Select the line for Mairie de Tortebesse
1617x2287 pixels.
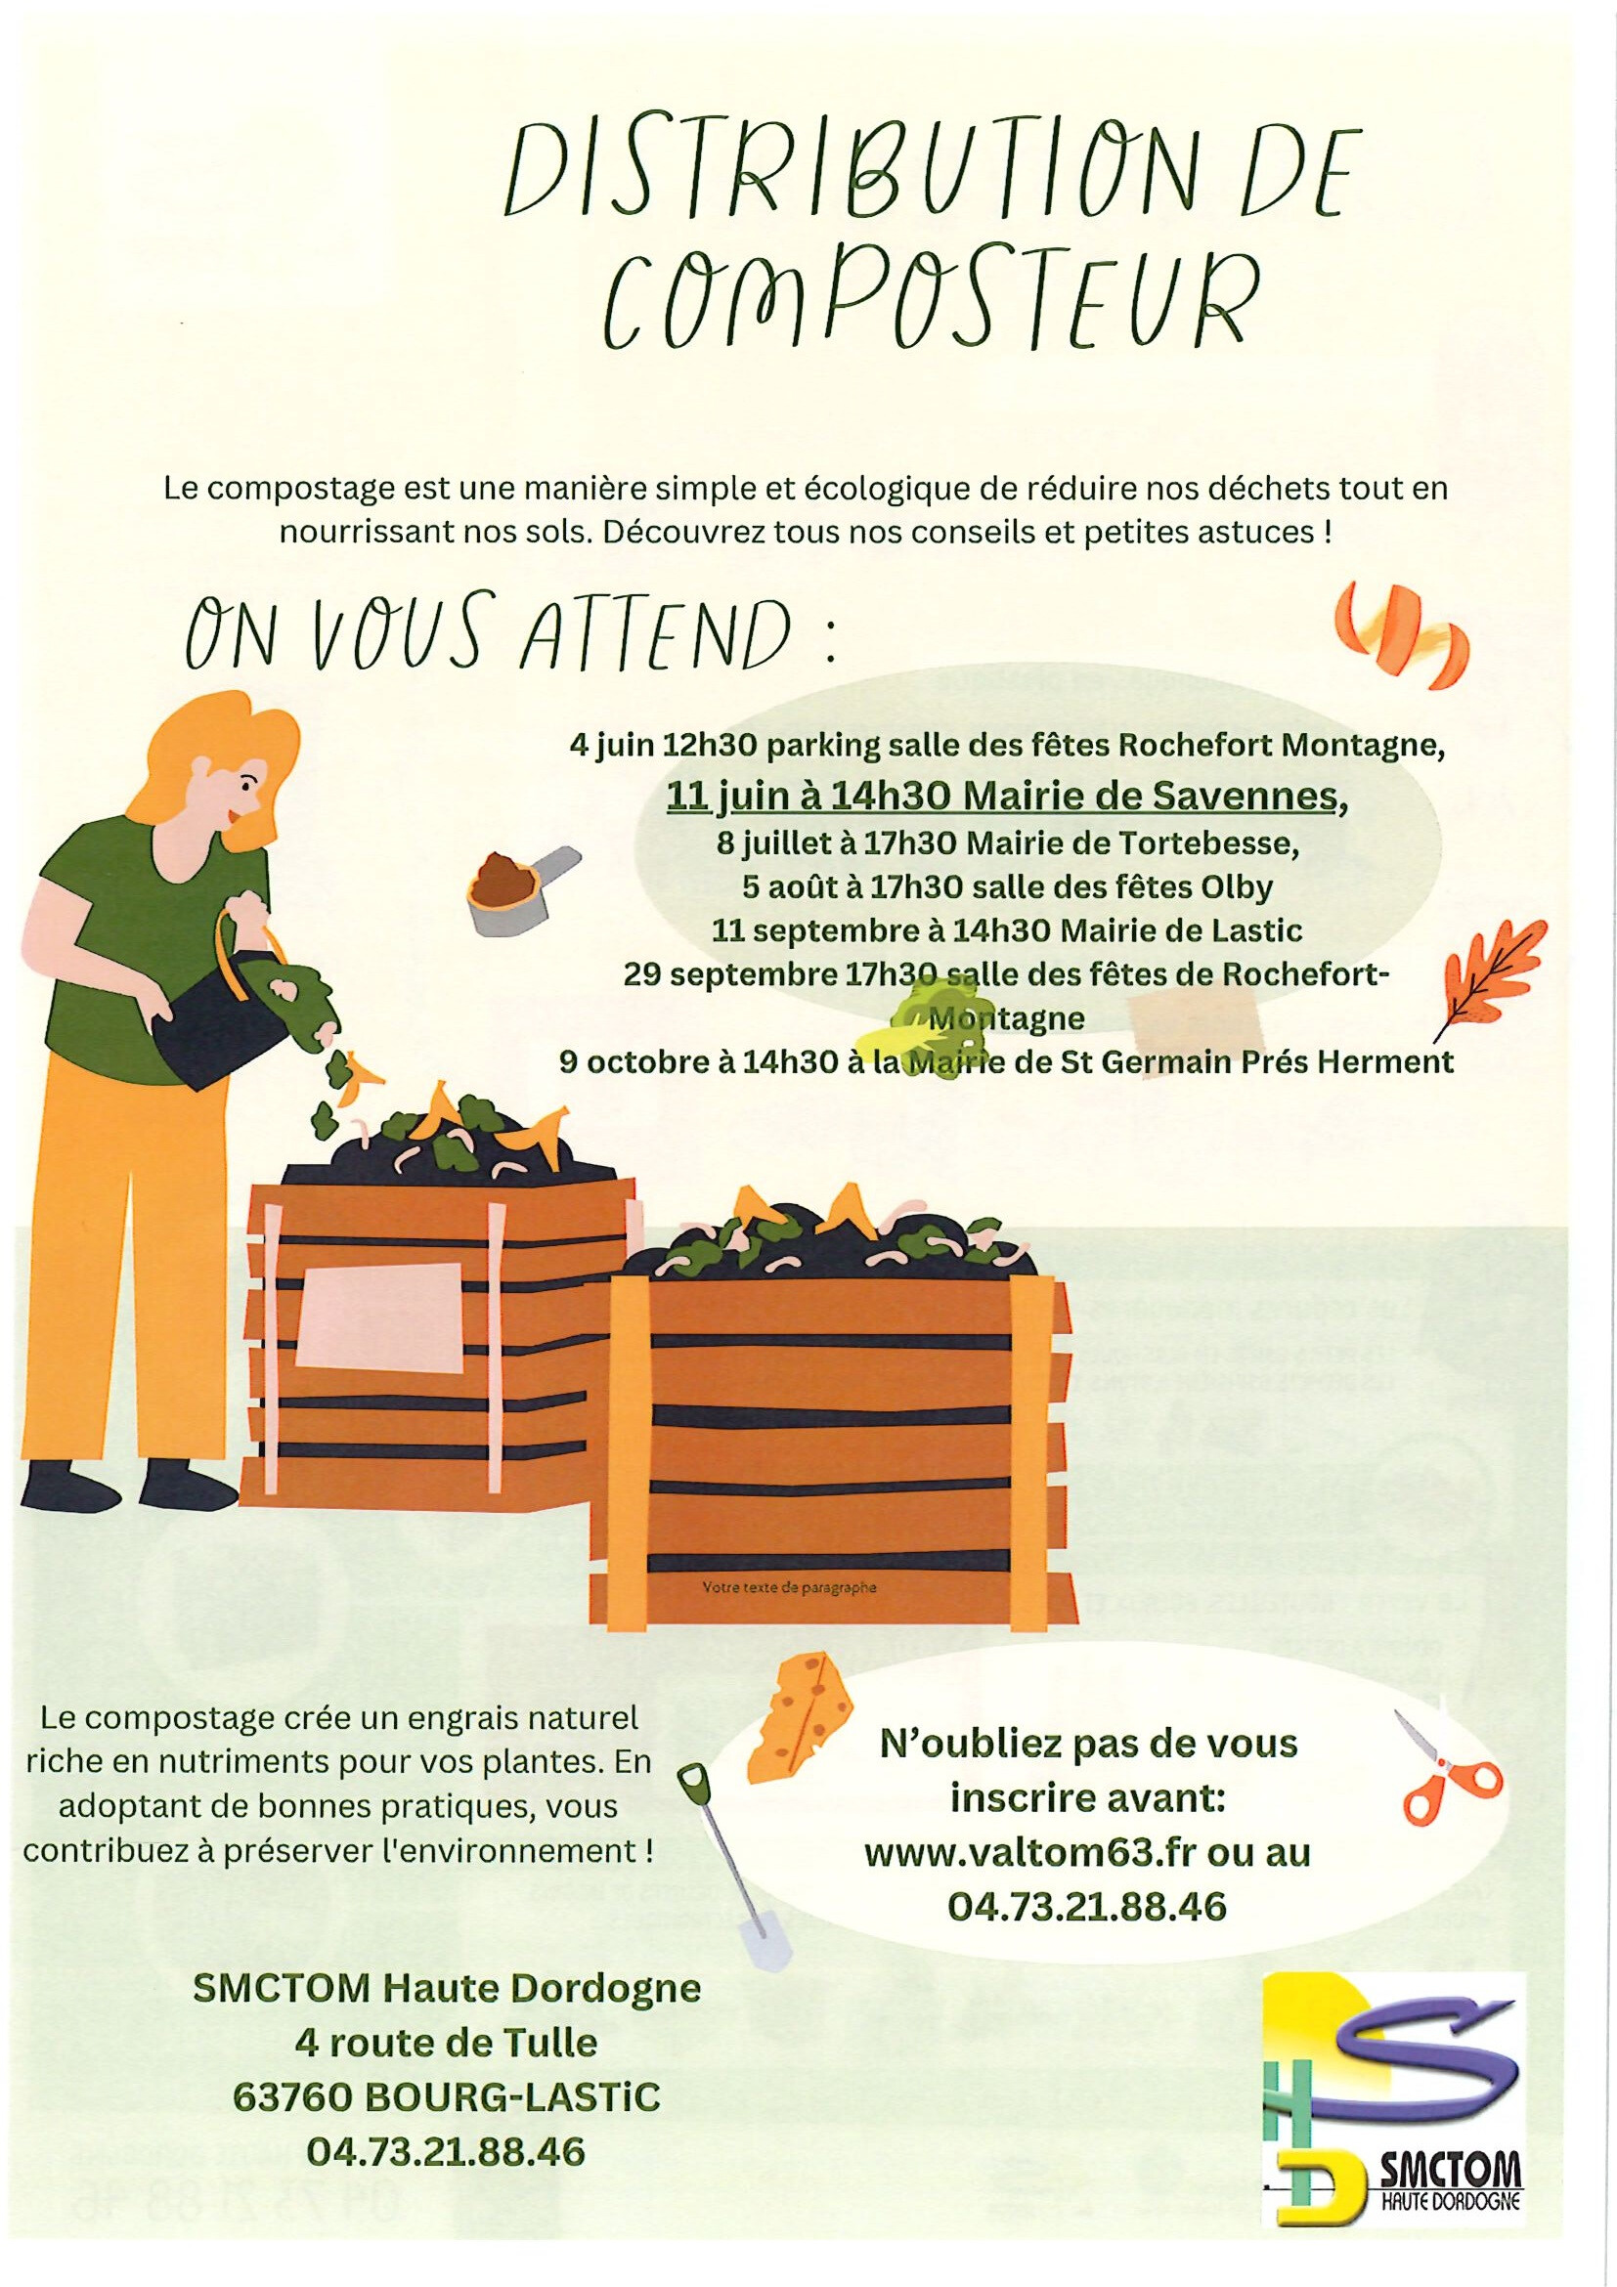[1008, 843]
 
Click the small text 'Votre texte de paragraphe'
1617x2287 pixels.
[789, 1588]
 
